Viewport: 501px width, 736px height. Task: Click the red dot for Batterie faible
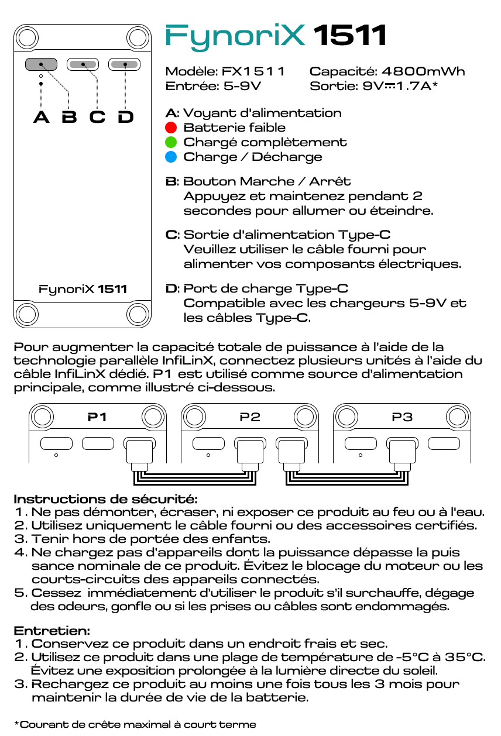point(171,128)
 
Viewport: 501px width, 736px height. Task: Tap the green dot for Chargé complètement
point(171,142)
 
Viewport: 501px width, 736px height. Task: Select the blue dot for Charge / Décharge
point(171,157)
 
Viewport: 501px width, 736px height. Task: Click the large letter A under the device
point(41,117)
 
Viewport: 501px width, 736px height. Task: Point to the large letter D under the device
point(125,117)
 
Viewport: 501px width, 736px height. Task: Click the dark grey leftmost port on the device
point(40,64)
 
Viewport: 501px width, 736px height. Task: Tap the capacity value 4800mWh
point(423,71)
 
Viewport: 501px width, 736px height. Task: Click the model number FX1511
point(253,71)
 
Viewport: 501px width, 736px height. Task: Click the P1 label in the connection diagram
point(97,417)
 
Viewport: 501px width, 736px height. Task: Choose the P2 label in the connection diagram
point(250,417)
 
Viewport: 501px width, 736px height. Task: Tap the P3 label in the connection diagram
point(402,417)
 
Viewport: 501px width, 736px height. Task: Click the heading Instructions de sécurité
point(106,499)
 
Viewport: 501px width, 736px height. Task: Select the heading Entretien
point(52,631)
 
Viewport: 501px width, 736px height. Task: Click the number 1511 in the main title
point(350,36)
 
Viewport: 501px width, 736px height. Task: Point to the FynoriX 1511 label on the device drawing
point(83,289)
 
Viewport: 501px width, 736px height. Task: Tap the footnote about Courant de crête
point(135,724)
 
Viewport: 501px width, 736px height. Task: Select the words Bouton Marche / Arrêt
point(267,181)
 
